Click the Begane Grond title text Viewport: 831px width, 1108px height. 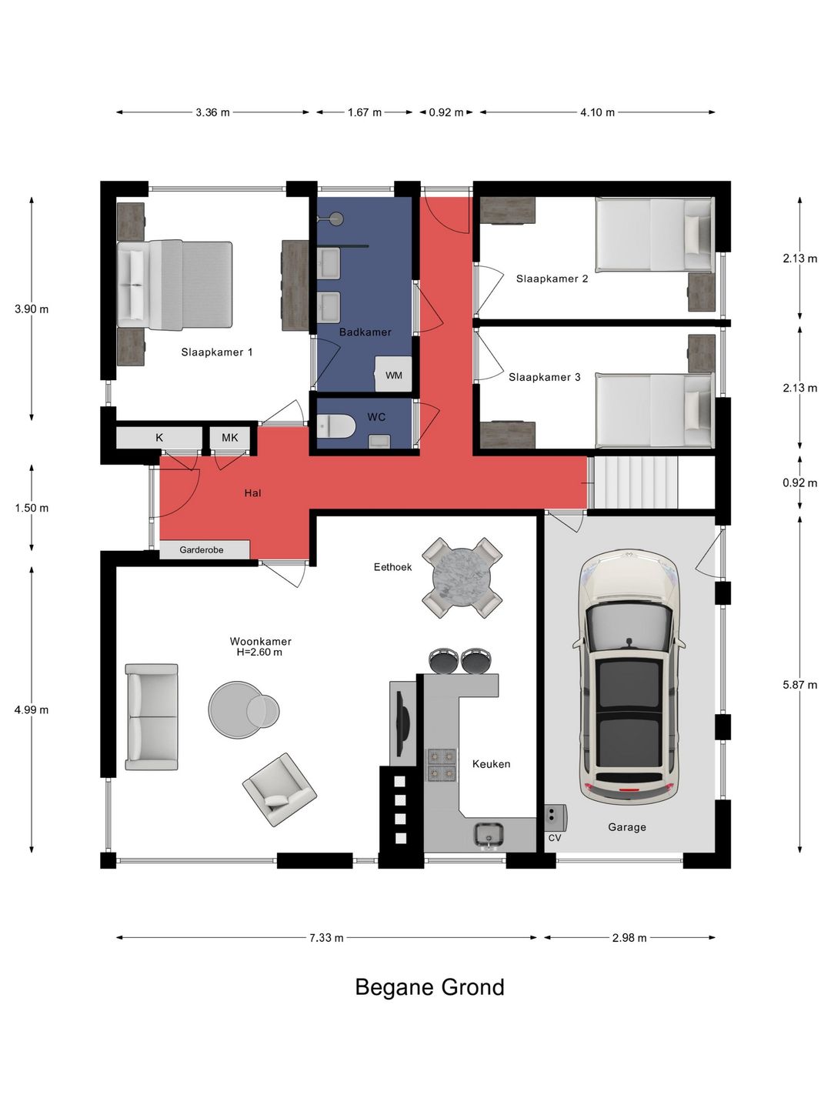429,986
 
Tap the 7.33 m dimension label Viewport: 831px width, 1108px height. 326,938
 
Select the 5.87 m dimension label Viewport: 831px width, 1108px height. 799,685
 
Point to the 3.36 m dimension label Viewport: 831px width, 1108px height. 212,112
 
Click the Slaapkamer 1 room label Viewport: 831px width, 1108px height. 216,352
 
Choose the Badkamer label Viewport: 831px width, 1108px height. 365,332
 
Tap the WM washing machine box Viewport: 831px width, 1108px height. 393,374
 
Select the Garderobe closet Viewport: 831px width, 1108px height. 205,549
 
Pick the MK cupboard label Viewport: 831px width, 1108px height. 229,438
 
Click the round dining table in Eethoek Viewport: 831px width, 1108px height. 462,578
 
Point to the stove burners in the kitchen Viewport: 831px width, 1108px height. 442,765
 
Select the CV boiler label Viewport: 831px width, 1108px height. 555,838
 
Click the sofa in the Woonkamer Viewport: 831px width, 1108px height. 152,717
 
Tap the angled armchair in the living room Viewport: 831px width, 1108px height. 279,789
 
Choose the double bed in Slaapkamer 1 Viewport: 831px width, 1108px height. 175,285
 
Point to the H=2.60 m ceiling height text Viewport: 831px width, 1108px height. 260,652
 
